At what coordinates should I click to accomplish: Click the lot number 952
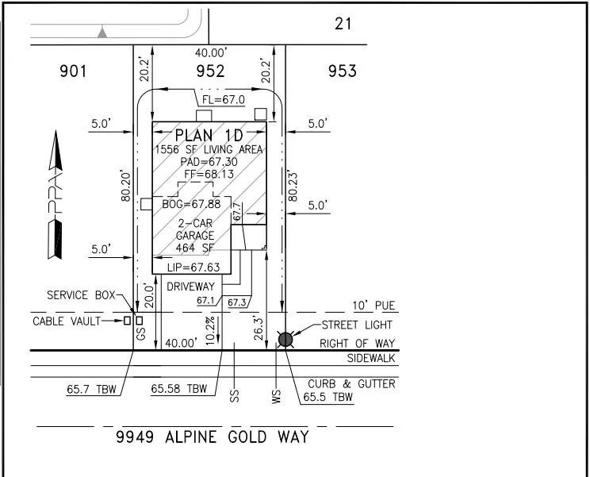tap(210, 71)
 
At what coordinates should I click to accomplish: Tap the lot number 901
tap(73, 71)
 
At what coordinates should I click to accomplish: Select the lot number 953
tap(342, 71)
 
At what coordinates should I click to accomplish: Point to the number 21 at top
tap(343, 24)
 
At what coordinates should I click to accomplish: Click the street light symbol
tap(285, 340)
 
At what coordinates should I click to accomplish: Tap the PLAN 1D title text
tap(209, 135)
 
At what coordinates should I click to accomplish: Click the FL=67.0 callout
tap(224, 100)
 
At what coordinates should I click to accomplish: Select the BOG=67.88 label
tap(191, 204)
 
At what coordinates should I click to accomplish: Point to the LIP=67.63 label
tap(193, 267)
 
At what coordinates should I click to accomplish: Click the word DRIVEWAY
tap(190, 287)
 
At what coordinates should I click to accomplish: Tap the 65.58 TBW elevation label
tap(179, 389)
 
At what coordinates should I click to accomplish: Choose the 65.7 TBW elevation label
tap(91, 389)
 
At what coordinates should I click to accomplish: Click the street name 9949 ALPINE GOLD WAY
tap(213, 437)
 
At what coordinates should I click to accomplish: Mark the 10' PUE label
tap(374, 306)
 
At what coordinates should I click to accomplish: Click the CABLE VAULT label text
tap(67, 321)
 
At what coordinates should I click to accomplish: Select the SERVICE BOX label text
tap(81, 294)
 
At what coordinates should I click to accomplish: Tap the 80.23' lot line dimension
tap(293, 187)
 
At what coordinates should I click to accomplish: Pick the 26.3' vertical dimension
tap(259, 329)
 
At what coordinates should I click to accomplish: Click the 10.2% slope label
tap(210, 330)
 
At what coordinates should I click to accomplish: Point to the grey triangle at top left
tap(102, 33)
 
